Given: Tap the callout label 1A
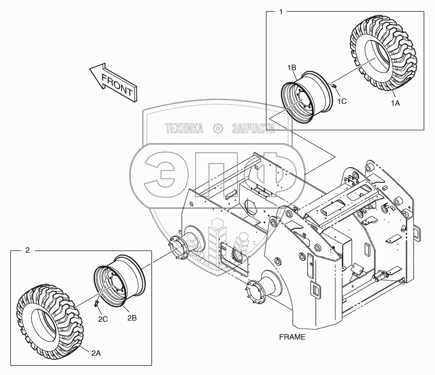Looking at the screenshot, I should (x=395, y=103).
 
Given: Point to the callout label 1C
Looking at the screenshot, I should (x=342, y=101).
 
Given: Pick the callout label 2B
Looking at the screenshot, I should (x=132, y=318).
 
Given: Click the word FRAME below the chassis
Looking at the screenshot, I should (x=293, y=337).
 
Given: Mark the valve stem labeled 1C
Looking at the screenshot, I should (x=334, y=86).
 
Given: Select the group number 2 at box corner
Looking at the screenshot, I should (x=28, y=250).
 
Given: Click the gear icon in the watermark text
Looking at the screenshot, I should (x=218, y=129).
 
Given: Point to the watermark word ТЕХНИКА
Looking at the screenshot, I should (x=184, y=129).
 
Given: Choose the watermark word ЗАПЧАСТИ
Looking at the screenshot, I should (x=253, y=129).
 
